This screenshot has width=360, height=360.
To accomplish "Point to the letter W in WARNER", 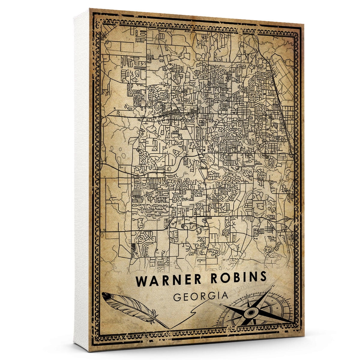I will [x=142, y=281].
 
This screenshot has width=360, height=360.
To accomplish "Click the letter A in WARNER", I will [x=153, y=281].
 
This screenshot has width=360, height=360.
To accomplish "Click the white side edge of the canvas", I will [x=82, y=180].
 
